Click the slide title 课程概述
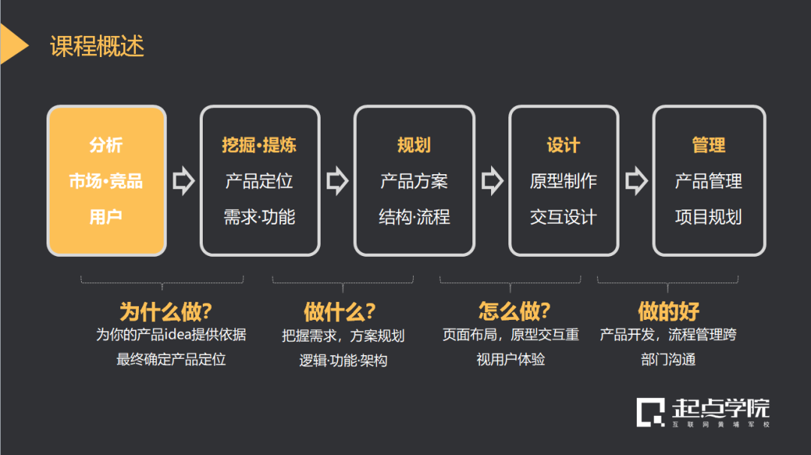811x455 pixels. [97, 47]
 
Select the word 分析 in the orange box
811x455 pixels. [106, 145]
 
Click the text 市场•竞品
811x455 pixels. [106, 181]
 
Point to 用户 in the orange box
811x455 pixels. [106, 217]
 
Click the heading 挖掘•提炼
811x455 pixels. [259, 145]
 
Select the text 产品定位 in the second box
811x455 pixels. [259, 181]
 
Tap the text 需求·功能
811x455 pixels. [259, 217]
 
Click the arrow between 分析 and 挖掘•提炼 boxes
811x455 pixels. [183, 181]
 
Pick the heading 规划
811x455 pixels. [414, 145]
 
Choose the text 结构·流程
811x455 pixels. [414, 217]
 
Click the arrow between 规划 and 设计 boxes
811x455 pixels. [492, 181]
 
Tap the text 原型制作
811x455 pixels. [563, 181]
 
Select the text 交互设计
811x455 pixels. [563, 217]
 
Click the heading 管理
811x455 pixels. [708, 145]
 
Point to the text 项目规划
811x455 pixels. [708, 217]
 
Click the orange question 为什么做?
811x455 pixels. [166, 311]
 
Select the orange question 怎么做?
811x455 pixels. [514, 311]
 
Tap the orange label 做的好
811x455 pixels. [668, 311]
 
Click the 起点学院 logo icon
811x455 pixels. [650, 411]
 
